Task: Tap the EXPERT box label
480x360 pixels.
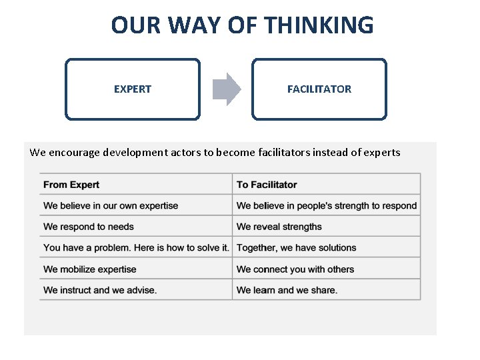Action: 133,89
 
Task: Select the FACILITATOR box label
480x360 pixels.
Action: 319,89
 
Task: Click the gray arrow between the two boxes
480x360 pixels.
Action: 227,89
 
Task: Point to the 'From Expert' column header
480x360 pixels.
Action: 71,185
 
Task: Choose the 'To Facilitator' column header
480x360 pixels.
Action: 267,185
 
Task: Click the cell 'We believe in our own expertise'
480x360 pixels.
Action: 111,205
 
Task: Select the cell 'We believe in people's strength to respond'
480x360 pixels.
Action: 327,205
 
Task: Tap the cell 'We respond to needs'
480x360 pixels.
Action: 89,227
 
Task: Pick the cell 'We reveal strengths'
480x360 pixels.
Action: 279,227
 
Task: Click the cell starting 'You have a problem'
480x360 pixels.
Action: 136,247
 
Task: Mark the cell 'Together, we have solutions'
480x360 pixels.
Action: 297,247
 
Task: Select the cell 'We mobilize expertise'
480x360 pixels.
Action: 90,269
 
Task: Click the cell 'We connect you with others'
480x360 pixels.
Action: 295,269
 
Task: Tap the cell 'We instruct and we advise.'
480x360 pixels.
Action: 100,290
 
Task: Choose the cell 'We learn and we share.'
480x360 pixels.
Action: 287,290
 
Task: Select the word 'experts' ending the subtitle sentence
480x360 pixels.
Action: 381,152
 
